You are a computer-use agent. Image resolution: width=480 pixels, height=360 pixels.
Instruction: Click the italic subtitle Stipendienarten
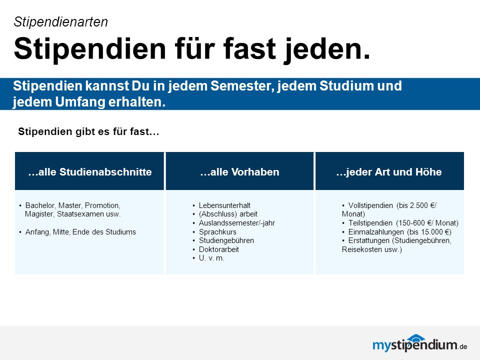61,22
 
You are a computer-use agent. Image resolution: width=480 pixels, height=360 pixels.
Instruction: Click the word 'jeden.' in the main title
327,49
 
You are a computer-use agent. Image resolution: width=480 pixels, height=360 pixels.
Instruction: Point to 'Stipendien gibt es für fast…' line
89,131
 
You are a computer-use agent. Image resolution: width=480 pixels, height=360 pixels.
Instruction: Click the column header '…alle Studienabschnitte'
89,171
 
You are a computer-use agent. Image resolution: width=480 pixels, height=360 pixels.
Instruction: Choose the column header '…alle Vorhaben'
239,171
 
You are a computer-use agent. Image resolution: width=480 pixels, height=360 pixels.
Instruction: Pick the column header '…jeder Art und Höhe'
389,171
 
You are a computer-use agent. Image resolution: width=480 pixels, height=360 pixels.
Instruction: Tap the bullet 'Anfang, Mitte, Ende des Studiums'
80,232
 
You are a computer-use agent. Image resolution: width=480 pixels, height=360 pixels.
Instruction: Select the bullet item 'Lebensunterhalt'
224,205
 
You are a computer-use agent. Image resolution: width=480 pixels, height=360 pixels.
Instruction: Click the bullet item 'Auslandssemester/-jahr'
237,223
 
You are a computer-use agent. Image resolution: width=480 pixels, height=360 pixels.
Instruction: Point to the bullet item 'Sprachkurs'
217,232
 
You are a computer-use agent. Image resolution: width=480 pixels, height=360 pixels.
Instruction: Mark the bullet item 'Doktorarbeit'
219,249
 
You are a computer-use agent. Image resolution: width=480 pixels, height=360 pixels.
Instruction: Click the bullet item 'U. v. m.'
211,258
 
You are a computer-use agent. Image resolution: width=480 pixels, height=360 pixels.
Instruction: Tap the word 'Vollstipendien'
370,205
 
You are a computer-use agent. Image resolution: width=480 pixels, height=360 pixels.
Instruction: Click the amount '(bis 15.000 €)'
429,232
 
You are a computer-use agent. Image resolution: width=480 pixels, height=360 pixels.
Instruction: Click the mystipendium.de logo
419,344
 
